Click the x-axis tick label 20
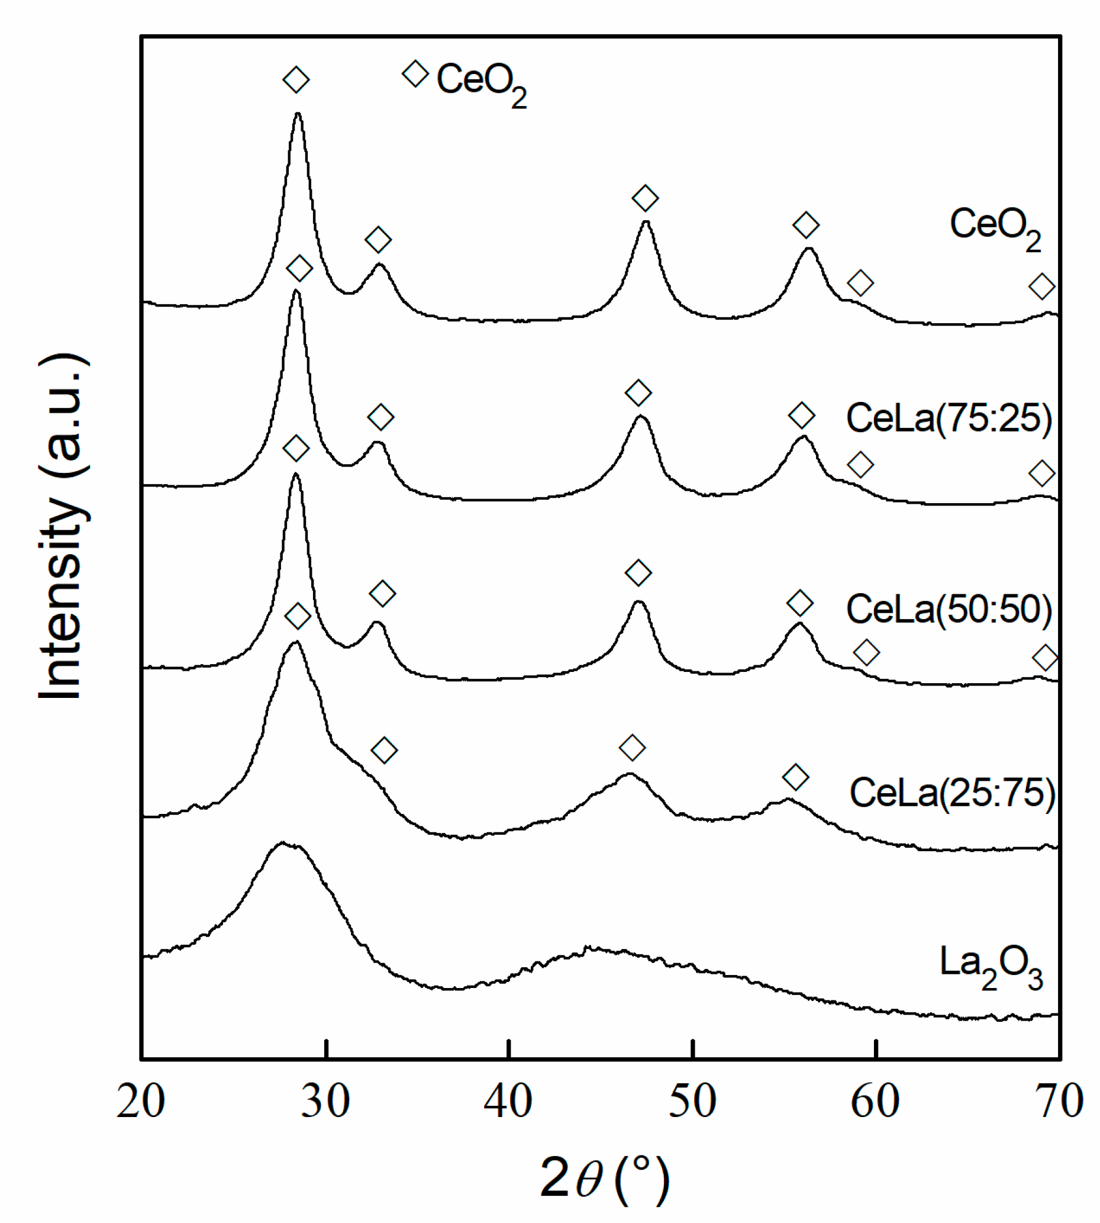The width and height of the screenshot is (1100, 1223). click(x=141, y=1102)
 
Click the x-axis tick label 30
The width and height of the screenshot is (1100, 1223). click(x=326, y=1102)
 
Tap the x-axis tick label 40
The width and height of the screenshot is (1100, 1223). click(x=508, y=1102)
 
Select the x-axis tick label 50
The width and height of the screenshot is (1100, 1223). click(x=692, y=1102)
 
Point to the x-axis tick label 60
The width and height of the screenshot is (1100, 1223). click(x=875, y=1102)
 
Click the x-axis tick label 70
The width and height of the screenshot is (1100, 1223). click(x=1059, y=1102)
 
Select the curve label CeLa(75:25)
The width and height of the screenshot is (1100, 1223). click(x=949, y=418)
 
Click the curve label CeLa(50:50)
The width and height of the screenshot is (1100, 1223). click(x=949, y=609)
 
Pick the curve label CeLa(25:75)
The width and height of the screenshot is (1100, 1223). click(x=952, y=793)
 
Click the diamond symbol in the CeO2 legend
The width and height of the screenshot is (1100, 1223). click(x=415, y=74)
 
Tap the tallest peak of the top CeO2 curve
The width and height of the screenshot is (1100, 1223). click(x=298, y=114)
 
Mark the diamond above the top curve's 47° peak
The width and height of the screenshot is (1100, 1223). click(x=645, y=198)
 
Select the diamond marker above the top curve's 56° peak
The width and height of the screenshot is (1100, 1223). click(x=806, y=225)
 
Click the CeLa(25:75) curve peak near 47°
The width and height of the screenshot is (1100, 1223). click(x=629, y=774)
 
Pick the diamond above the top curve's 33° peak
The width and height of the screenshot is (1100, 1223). click(x=378, y=240)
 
